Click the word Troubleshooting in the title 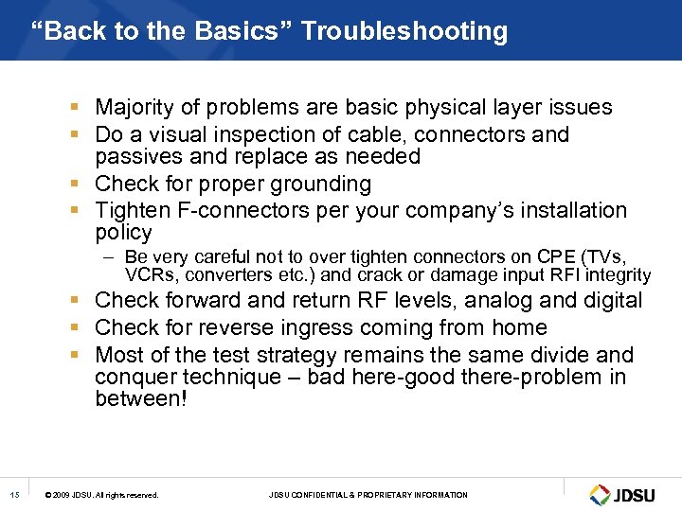tap(404, 31)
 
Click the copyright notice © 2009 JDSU tap(102, 495)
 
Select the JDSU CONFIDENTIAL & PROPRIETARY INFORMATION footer tap(368, 495)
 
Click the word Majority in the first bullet tap(138, 108)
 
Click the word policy tap(123, 233)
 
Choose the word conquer tap(132, 378)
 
